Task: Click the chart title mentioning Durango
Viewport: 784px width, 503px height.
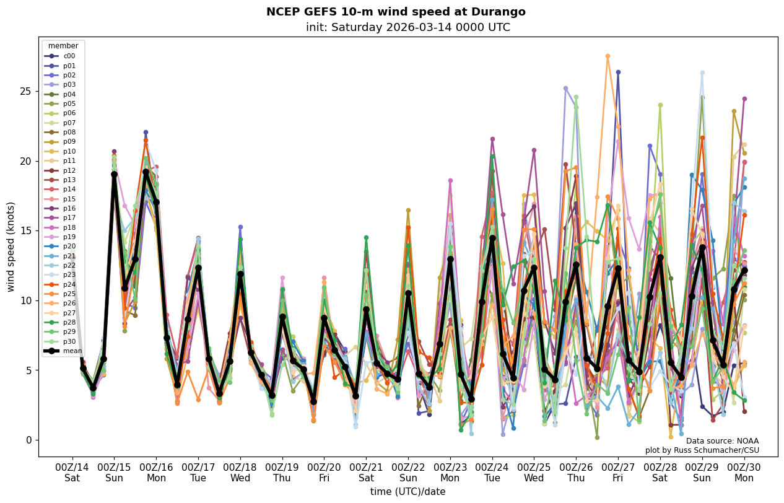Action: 396,12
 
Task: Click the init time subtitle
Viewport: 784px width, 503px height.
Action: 408,27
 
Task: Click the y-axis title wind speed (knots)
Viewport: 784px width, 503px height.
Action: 11,247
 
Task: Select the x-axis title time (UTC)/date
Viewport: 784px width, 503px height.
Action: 408,492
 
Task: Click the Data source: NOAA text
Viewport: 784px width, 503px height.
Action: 722,441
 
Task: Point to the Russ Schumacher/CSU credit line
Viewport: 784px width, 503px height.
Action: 702,450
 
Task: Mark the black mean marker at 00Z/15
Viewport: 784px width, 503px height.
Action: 115,175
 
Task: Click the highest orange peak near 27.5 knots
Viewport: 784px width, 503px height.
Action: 608,56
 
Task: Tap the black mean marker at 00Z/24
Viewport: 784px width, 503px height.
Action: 492,238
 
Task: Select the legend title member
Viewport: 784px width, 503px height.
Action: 63,46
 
